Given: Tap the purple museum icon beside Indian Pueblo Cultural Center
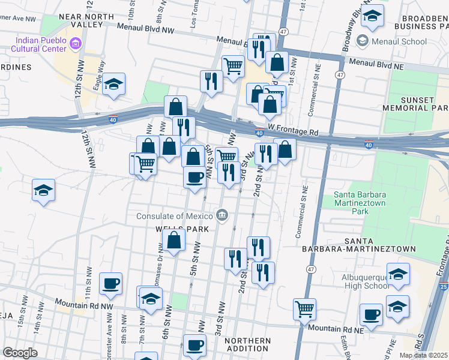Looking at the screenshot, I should click(75, 43).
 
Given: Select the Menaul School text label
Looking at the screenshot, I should click(399, 41).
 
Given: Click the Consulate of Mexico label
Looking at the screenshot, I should click(175, 216).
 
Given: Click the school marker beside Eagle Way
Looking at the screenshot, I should click(113, 85).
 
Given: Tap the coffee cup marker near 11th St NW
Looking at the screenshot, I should click(110, 284).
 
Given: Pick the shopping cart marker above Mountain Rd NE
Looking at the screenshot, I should click(304, 309).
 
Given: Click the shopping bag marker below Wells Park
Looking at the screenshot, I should click(173, 241).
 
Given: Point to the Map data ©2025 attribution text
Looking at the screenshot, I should click(423, 355).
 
